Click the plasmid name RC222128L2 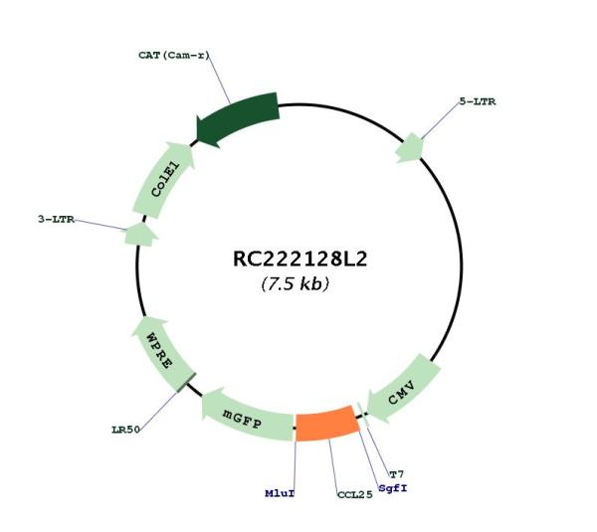pos(300,260)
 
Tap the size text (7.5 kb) pos(296,283)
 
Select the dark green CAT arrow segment pos(237,118)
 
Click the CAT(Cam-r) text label pos(174,55)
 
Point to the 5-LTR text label pos(478,101)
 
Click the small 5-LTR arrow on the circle pos(409,148)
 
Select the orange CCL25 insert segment pos(327,424)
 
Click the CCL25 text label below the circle pos(355,494)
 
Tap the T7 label pos(396,474)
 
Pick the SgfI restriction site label pos(393,488)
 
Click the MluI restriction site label pos(280,493)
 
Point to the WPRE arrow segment pos(162,353)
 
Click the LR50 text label pos(126,430)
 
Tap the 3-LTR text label pos(56,219)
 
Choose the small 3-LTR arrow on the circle pos(141,235)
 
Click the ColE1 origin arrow pos(164,180)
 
